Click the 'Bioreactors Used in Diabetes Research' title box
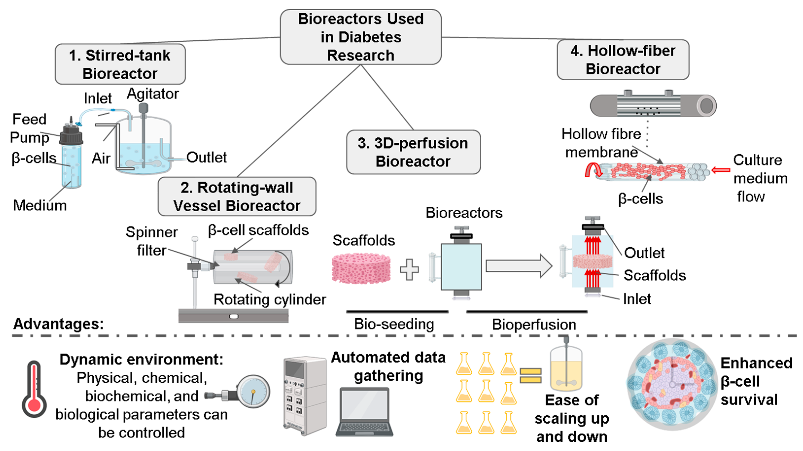click(361, 37)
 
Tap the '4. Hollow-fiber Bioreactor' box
click(623, 60)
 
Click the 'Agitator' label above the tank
click(153, 94)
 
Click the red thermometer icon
click(34, 390)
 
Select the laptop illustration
click(364, 411)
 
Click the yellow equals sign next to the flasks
click(530, 376)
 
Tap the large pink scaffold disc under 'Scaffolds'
click(361, 268)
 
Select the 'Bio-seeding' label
click(394, 324)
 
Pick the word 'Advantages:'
click(58, 324)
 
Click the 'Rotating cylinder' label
click(270, 300)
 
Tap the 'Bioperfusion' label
click(534, 324)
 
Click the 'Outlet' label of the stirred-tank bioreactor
click(206, 157)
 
